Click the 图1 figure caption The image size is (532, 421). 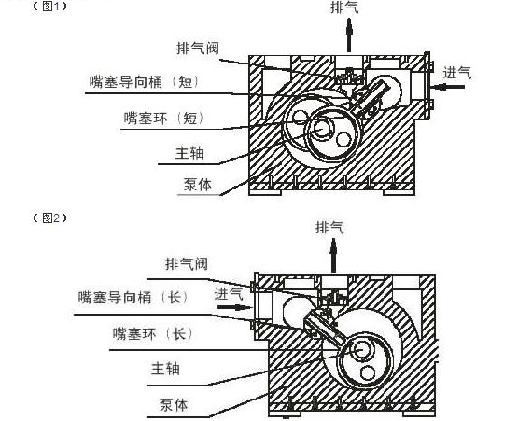click(x=49, y=7)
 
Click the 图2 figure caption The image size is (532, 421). click(x=49, y=218)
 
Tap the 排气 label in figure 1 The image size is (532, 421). click(x=344, y=7)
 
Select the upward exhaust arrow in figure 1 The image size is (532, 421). click(x=349, y=35)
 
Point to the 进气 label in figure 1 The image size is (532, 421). click(x=457, y=73)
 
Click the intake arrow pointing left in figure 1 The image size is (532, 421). click(x=446, y=87)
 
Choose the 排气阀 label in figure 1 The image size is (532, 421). click(x=198, y=49)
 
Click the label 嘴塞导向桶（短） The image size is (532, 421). click(x=145, y=82)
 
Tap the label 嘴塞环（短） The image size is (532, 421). click(x=164, y=119)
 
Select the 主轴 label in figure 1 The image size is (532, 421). click(x=189, y=153)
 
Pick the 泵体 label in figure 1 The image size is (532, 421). click(x=198, y=185)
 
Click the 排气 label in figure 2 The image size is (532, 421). click(x=329, y=227)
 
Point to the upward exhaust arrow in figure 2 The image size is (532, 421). click(x=334, y=255)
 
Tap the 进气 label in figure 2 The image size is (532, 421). click(x=229, y=294)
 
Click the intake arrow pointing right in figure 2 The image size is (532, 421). click(x=234, y=308)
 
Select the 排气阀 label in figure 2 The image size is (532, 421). click(x=187, y=264)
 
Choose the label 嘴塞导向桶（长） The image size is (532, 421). click(x=133, y=298)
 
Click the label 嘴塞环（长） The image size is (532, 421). click(x=153, y=334)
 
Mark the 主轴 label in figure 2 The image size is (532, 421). click(x=165, y=369)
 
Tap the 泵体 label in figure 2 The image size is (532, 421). click(x=174, y=405)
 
